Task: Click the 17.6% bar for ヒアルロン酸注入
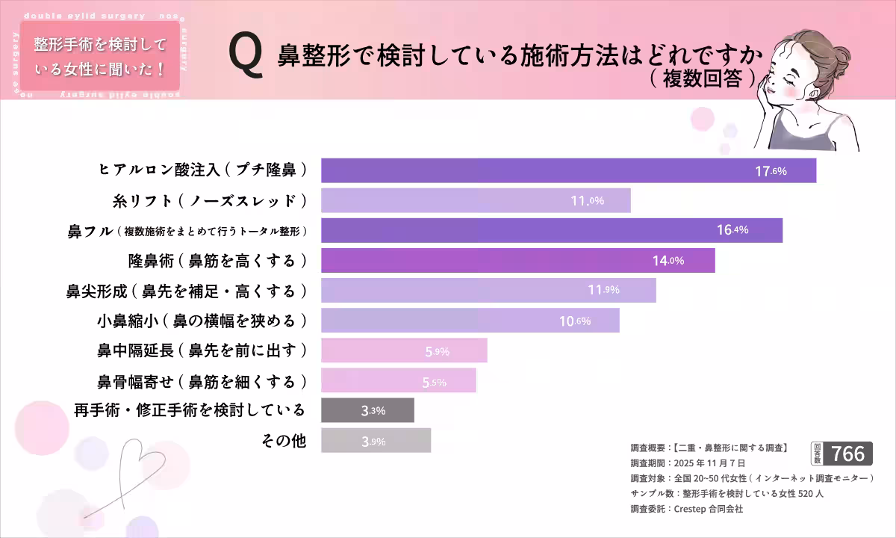[567, 170]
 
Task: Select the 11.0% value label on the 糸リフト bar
[587, 200]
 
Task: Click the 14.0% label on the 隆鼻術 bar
[668, 261]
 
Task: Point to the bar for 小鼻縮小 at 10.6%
[470, 321]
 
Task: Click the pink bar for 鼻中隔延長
[404, 351]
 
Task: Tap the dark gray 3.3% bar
[367, 410]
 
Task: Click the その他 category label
[284, 441]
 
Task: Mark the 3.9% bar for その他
[376, 441]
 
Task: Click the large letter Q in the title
[246, 58]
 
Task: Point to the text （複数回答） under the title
[703, 78]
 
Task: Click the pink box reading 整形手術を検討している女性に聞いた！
[99, 57]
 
